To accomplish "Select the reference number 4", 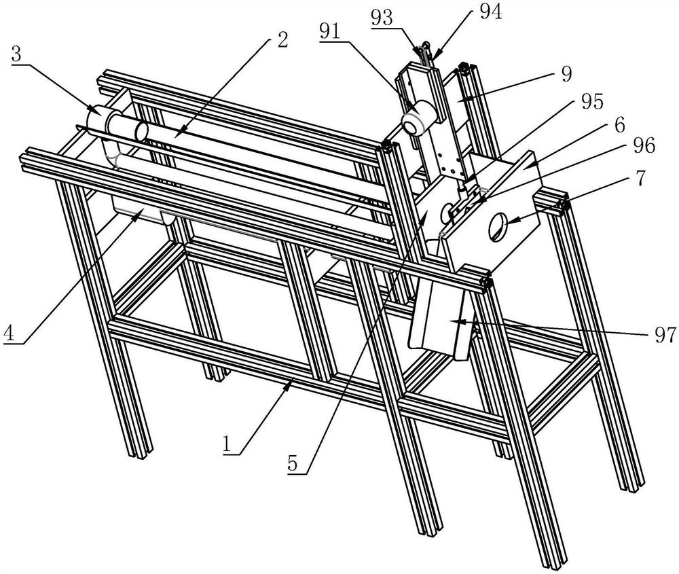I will click(8, 334).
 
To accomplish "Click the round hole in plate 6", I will click(497, 226).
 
